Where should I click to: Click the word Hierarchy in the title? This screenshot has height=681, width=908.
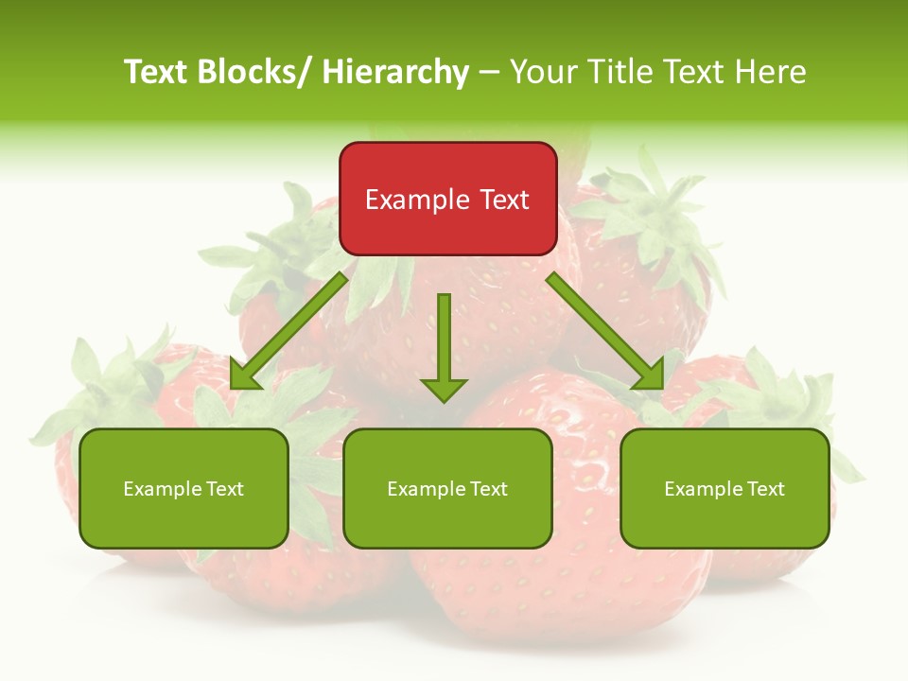395,72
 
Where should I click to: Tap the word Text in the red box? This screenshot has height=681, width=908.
504,200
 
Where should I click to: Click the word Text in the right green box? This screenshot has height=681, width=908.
765,489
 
